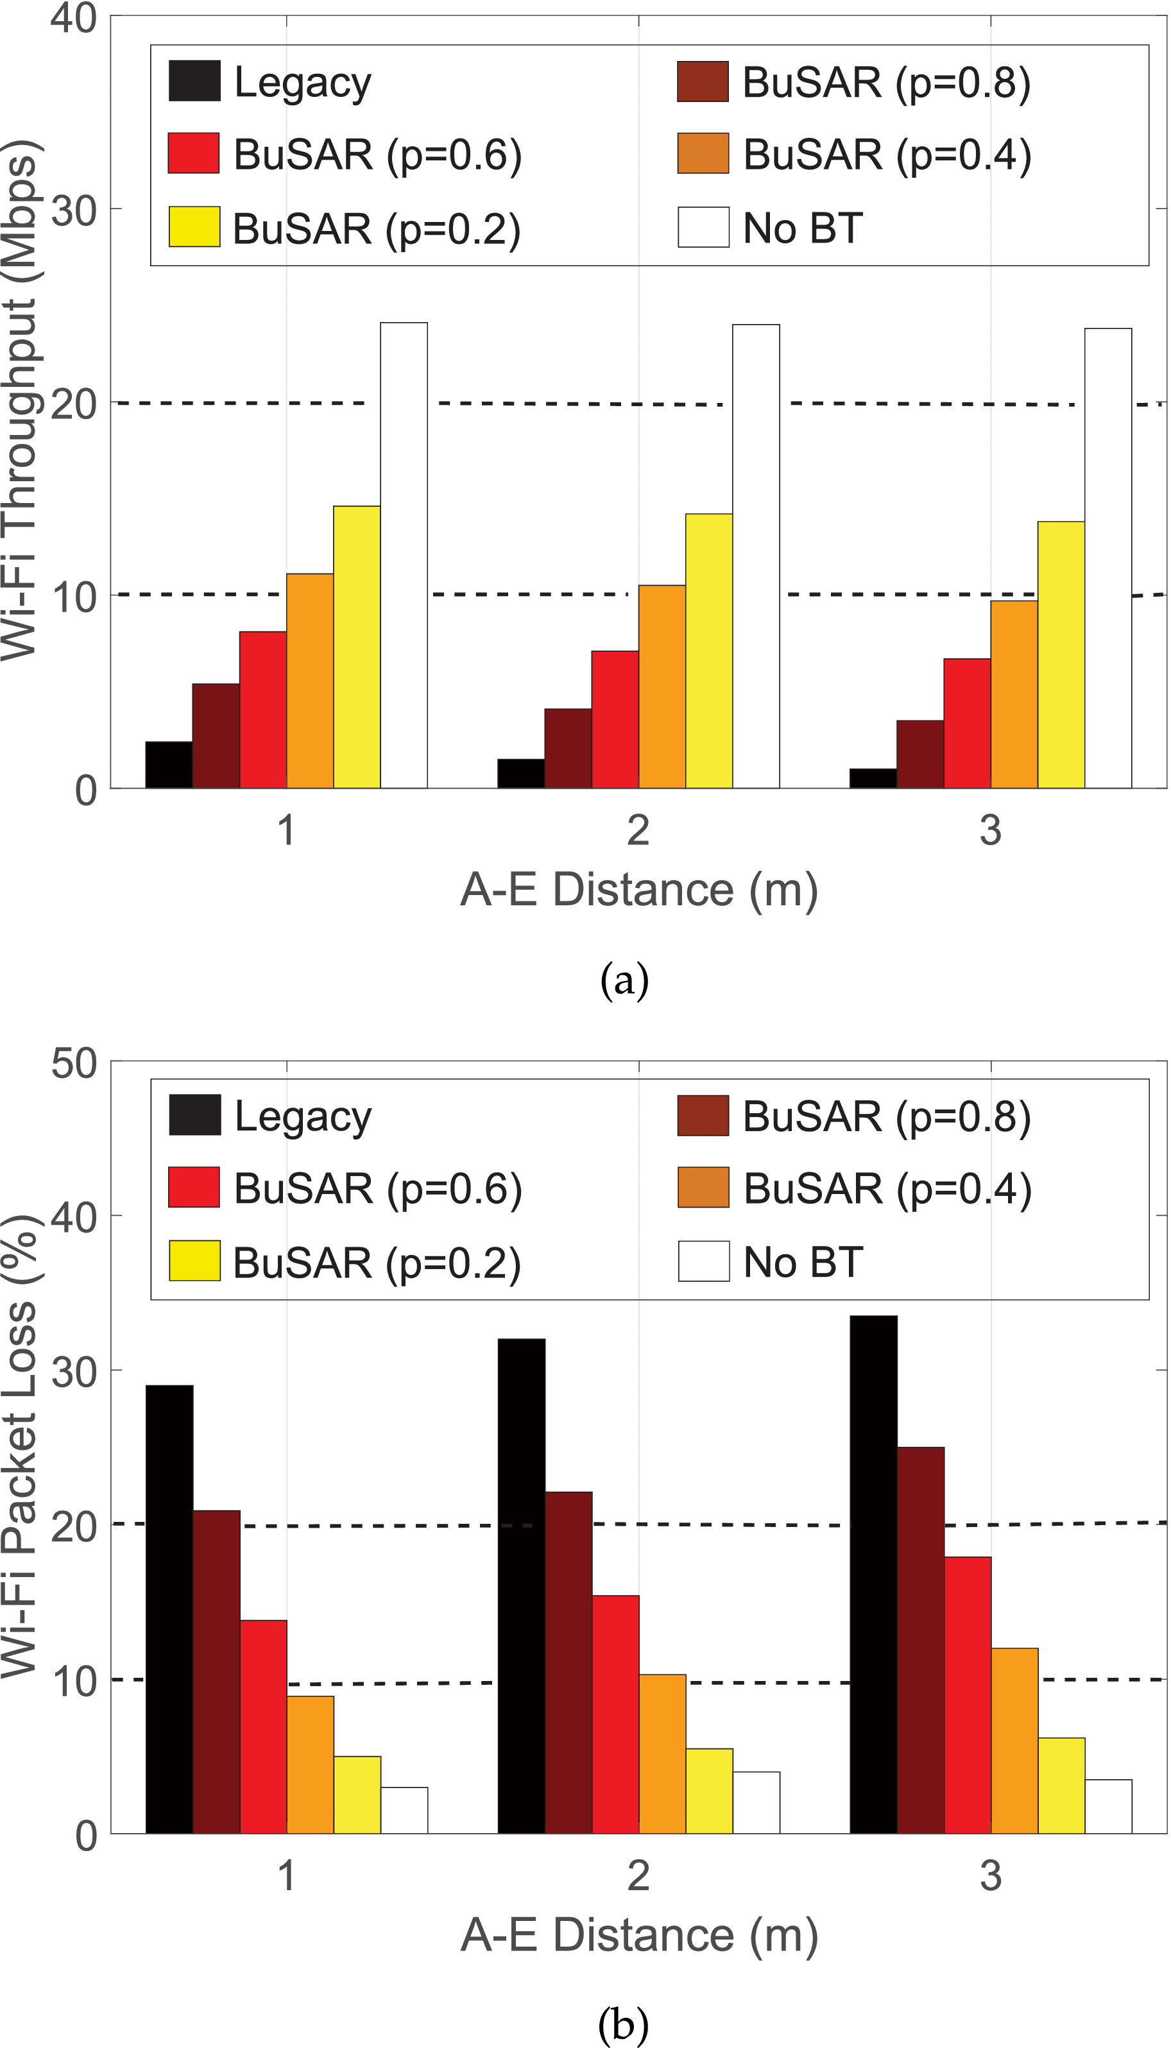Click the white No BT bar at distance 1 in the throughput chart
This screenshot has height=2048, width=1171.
[404, 555]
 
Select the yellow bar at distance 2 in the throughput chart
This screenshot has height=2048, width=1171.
[708, 651]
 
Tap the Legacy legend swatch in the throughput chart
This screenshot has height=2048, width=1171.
[194, 81]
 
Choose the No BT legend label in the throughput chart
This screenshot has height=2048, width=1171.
[803, 228]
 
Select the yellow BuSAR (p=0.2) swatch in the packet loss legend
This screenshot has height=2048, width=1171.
[194, 1261]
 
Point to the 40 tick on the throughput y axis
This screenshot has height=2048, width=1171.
[74, 18]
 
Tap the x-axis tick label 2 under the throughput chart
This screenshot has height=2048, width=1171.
[638, 830]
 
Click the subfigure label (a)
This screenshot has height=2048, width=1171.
[624, 981]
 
